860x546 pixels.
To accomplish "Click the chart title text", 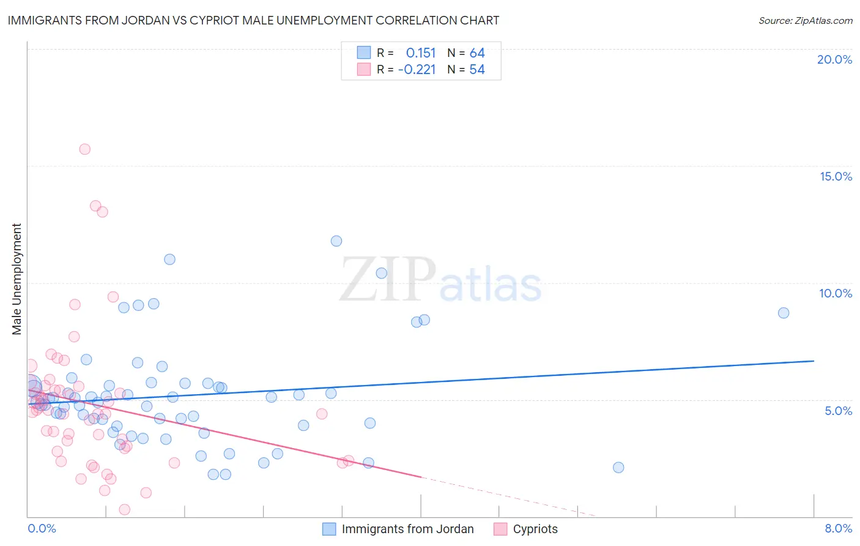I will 253,21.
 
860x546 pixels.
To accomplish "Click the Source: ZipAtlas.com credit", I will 805,21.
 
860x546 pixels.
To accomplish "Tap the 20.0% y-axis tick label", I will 834,59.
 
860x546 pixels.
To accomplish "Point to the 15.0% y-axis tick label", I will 836,176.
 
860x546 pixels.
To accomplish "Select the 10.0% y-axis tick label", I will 836,293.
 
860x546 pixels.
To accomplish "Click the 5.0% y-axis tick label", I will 838,411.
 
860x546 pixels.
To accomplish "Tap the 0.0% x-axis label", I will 42,528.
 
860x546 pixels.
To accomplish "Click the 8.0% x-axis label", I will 838,528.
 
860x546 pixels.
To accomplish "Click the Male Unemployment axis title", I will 17,279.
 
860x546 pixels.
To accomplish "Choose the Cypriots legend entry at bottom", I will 535,529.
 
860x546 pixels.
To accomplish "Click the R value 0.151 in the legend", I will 421,53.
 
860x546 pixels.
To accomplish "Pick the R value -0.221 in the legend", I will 417,70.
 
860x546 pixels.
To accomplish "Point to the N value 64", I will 477,53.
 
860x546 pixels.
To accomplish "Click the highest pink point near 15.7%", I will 85,149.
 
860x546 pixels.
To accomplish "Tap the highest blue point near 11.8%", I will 336,241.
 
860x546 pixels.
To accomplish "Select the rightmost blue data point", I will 784,313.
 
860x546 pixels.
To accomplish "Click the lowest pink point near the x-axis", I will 124,509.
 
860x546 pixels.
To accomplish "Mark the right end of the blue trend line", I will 814,361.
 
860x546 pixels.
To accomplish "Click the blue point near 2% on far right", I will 618,468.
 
